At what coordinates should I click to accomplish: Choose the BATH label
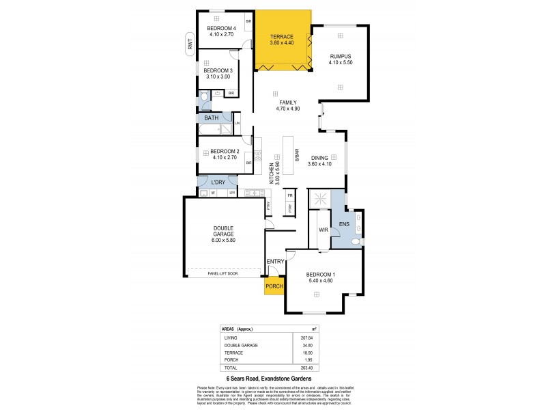(x=212, y=118)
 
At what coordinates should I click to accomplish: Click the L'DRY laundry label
(x=218, y=182)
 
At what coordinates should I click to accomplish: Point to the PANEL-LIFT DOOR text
(x=222, y=273)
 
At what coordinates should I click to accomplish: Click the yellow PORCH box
(x=275, y=286)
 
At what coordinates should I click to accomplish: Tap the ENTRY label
(x=276, y=262)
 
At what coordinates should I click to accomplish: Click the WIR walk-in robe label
(x=324, y=230)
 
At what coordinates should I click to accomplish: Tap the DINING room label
(x=319, y=160)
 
